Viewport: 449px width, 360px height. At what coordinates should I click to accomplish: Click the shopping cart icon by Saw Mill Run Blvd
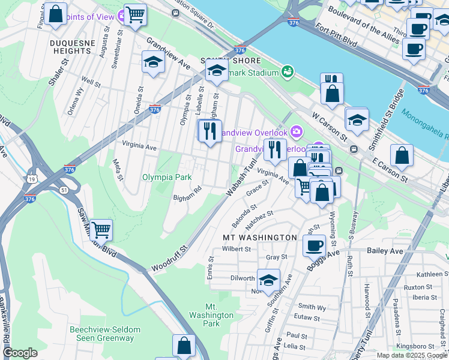[x=101, y=229]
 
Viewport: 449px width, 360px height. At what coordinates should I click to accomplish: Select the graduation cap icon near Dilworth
[x=268, y=279]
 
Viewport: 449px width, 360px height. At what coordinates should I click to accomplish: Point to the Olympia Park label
[x=166, y=177]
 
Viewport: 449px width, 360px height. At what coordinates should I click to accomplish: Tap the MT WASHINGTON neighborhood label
[x=260, y=238]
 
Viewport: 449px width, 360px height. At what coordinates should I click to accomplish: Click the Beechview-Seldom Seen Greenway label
[x=104, y=334]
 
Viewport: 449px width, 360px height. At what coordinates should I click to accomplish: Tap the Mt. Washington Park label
[x=211, y=315]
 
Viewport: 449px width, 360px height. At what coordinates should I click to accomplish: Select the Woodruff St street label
[x=170, y=256]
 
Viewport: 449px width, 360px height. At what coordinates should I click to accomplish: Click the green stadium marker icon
[x=288, y=73]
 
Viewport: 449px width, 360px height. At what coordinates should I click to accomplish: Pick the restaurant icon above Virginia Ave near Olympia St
[x=209, y=130]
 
